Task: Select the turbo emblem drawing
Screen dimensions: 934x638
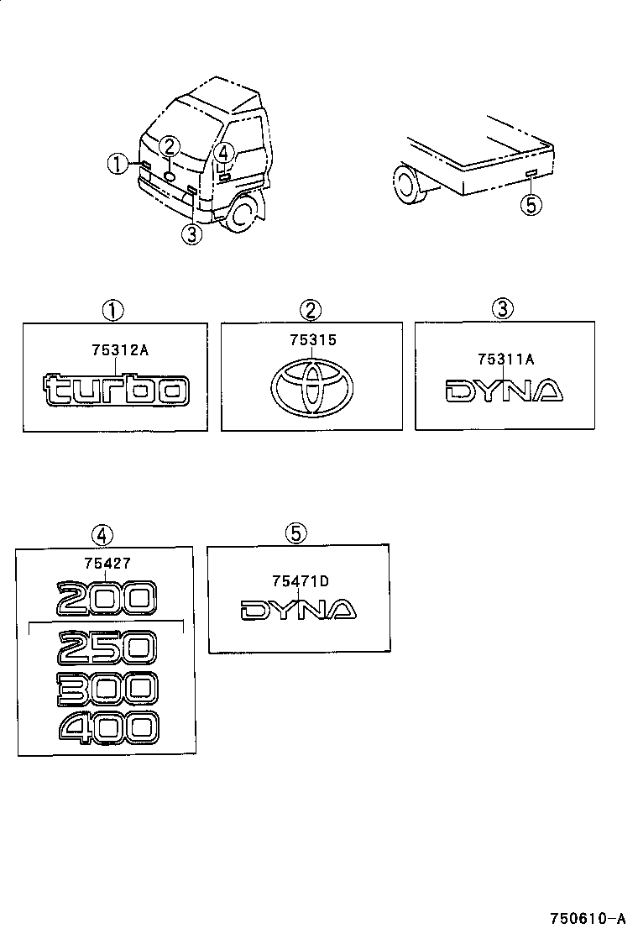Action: pos(116,390)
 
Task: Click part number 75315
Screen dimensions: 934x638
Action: pos(311,342)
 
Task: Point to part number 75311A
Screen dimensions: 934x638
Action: pos(505,359)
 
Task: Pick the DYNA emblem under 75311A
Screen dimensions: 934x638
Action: pos(504,391)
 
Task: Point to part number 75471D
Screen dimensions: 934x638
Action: pos(300,580)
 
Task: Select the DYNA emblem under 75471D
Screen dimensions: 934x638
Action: pos(299,609)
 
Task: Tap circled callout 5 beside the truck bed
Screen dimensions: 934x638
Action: pos(531,204)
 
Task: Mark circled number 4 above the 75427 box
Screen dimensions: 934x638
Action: pos(102,535)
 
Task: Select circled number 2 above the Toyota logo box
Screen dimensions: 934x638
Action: pos(311,310)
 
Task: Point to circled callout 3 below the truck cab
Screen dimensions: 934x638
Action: pos(192,234)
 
